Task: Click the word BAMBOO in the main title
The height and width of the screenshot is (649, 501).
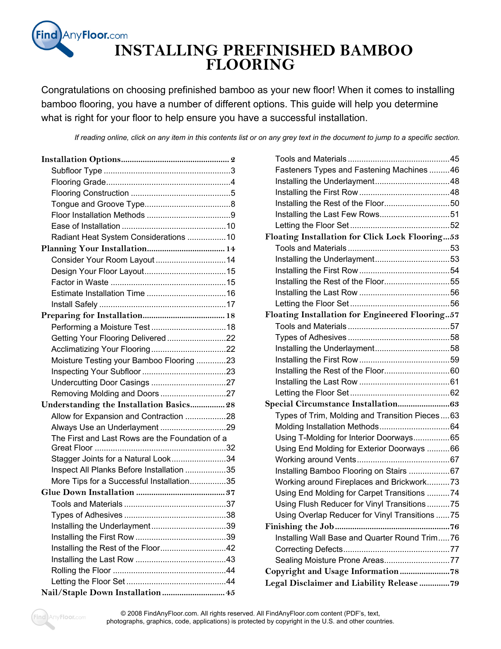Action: click(x=376, y=51)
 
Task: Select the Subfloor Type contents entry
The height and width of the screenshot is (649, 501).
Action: click(x=77, y=171)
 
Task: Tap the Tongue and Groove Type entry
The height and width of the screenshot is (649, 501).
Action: click(x=98, y=204)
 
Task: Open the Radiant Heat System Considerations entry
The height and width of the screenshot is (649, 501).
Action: click(x=118, y=237)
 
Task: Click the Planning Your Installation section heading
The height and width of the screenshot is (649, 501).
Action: click(x=94, y=248)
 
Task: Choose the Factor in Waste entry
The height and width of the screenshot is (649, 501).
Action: click(x=80, y=282)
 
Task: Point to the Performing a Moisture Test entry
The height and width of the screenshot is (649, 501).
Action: click(x=101, y=327)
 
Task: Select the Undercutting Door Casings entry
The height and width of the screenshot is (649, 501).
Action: click(x=100, y=382)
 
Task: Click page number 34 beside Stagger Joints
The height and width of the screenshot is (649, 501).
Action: click(x=231, y=459)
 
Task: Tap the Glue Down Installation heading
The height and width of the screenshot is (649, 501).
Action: click(x=88, y=492)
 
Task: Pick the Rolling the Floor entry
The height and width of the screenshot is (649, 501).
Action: click(x=81, y=570)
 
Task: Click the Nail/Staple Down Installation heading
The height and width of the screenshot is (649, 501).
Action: click(x=101, y=592)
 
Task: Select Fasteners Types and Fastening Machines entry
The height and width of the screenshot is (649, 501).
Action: click(x=351, y=170)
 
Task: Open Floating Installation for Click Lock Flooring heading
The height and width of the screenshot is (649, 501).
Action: click(x=354, y=237)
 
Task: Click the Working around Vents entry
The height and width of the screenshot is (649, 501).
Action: click(x=316, y=460)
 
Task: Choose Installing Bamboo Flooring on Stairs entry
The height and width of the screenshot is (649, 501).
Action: click(x=341, y=471)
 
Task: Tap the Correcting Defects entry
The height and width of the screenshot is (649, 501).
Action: click(x=309, y=549)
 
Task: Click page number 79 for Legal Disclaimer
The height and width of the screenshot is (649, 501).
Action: click(x=454, y=583)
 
